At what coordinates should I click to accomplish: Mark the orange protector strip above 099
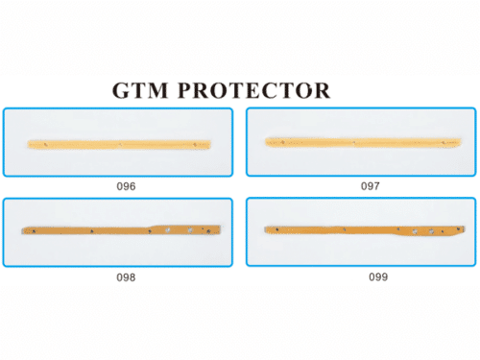tap(360, 230)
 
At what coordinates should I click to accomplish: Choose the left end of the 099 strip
tap(263, 230)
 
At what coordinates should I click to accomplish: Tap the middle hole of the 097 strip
tap(356, 142)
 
